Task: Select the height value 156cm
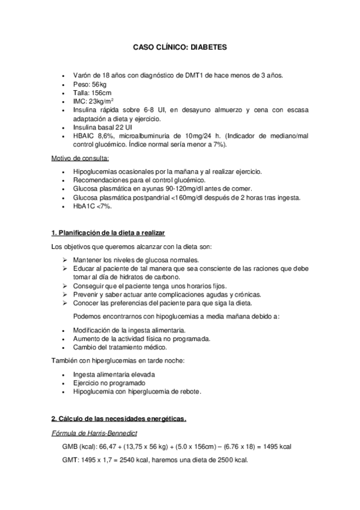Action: tap(100, 93)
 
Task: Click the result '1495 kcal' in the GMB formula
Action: tap(278, 447)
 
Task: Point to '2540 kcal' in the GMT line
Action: tap(132, 461)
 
